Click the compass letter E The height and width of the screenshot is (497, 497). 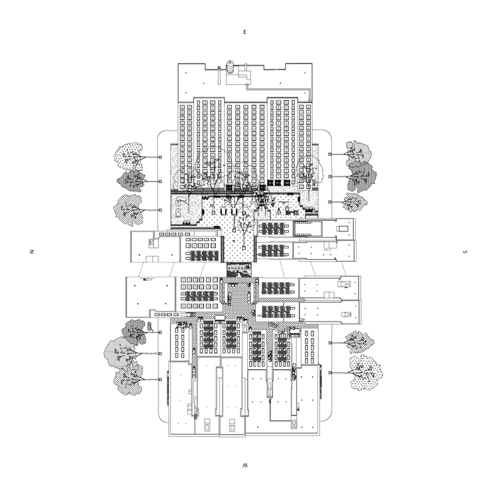tap(245, 31)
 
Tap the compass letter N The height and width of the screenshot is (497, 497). tap(30, 252)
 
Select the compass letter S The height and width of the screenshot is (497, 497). tap(465, 252)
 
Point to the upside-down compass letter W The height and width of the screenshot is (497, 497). tap(245, 468)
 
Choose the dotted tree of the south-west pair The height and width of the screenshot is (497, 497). tap(363, 371)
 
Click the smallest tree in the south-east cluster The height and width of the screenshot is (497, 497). tap(355, 201)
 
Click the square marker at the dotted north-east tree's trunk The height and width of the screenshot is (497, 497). tap(160, 157)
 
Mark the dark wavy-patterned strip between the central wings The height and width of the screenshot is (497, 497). tap(240, 270)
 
